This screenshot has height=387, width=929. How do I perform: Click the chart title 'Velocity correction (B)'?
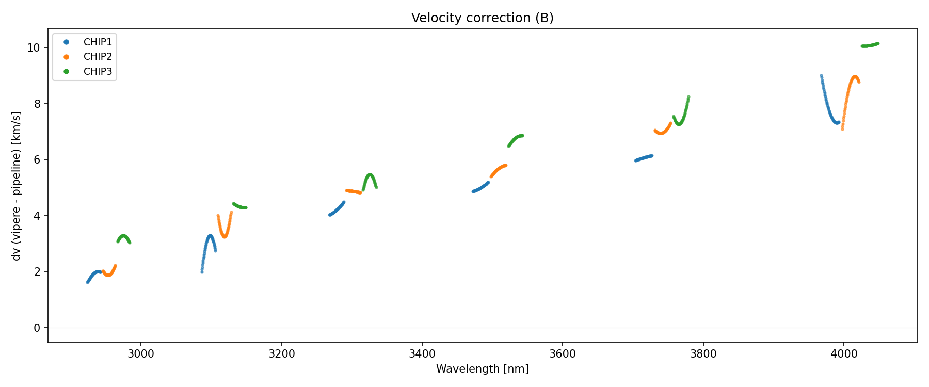tap(482, 18)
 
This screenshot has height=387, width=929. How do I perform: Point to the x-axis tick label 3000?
tap(141, 354)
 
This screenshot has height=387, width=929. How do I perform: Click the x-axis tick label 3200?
tap(282, 354)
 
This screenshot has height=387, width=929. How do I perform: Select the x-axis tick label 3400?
tap(422, 354)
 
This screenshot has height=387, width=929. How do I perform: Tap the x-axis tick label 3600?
tap(563, 354)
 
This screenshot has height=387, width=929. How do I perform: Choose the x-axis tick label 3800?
tap(703, 354)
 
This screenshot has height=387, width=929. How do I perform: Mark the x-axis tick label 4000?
tap(844, 354)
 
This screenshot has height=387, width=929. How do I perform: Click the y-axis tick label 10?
tap(34, 48)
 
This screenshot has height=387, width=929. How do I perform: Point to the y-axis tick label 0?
tap(37, 328)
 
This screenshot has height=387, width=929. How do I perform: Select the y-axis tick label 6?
tap(37, 160)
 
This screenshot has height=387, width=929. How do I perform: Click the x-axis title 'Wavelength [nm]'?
tap(482, 369)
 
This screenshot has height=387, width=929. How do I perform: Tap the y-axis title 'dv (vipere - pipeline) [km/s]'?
tap(17, 186)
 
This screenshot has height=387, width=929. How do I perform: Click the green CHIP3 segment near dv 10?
tap(870, 45)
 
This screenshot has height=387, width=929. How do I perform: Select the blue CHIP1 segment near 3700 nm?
tap(644, 158)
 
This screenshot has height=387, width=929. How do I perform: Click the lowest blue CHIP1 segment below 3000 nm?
tap(94, 274)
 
